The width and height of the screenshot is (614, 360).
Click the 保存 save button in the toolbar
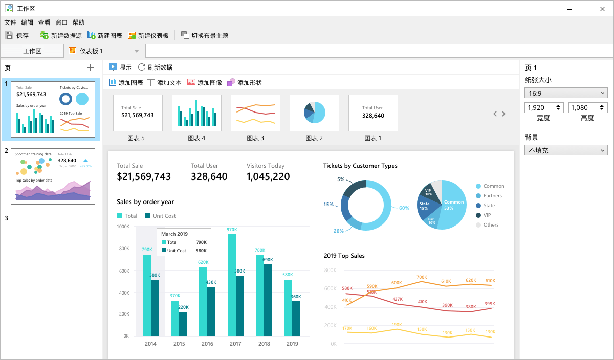(x=17, y=36)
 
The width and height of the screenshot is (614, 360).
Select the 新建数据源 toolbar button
(x=61, y=36)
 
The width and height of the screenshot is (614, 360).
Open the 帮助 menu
(x=78, y=22)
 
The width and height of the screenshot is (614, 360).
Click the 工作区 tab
(x=32, y=51)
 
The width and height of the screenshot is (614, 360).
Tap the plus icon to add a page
(x=91, y=67)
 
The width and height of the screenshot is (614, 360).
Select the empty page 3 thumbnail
(x=53, y=244)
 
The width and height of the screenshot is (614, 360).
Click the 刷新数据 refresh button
(x=155, y=67)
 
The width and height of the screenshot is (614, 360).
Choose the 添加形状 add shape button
(x=245, y=82)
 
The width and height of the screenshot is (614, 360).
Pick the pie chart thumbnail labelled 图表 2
(x=314, y=113)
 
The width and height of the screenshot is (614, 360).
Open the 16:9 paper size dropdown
(x=566, y=93)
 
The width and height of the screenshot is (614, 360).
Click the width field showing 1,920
(x=540, y=108)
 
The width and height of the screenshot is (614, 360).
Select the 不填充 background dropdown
(x=566, y=150)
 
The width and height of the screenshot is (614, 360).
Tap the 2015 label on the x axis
(x=179, y=344)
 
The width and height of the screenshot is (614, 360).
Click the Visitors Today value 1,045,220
(x=268, y=177)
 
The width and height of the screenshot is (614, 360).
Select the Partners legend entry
(x=492, y=196)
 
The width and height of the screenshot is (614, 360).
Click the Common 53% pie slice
(x=453, y=205)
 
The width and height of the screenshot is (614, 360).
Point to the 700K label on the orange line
(x=422, y=277)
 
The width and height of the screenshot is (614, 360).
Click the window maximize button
(x=586, y=9)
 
